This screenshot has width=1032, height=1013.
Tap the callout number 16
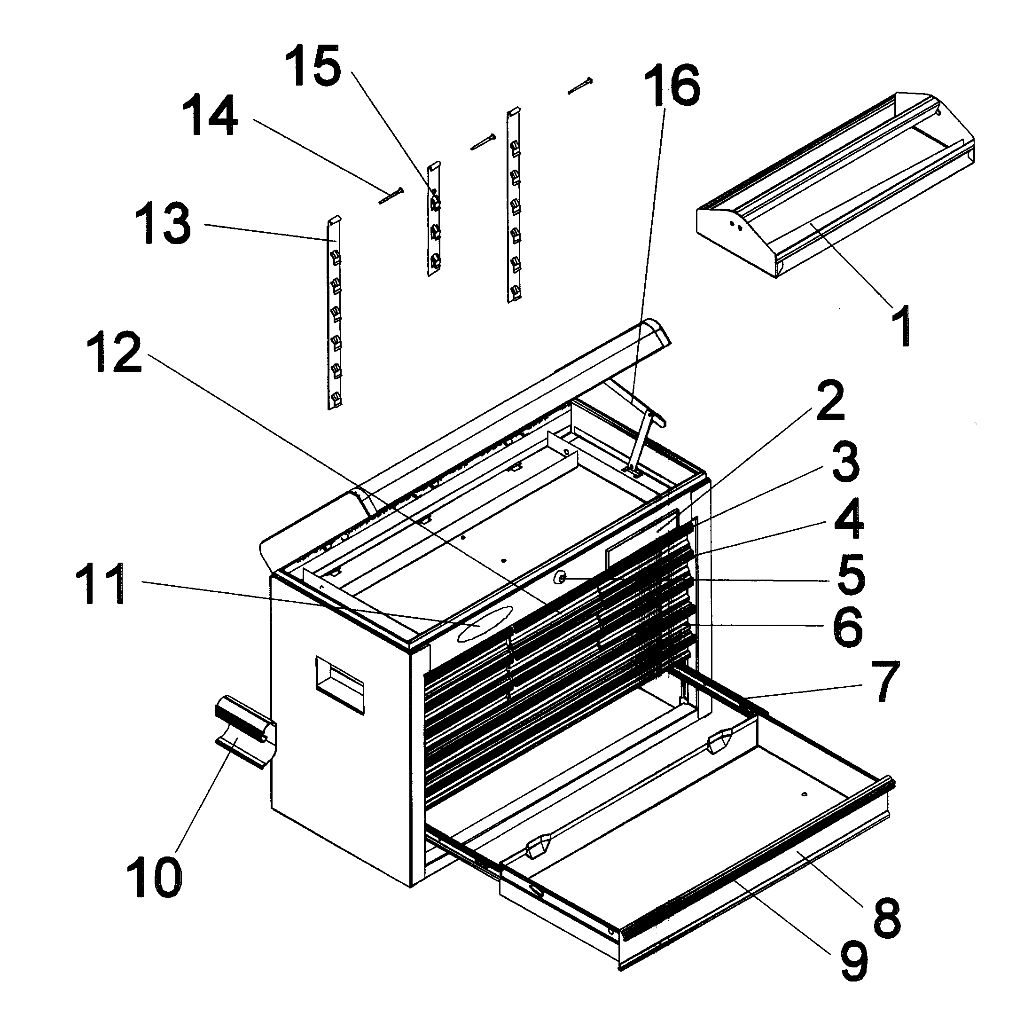tap(672, 85)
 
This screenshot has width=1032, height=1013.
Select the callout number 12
tap(114, 352)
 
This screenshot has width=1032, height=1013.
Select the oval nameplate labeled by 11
tap(485, 622)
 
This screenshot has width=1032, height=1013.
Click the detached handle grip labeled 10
tap(246, 736)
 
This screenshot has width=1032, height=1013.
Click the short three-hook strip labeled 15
tap(435, 218)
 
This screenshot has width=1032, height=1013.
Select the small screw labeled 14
tap(391, 195)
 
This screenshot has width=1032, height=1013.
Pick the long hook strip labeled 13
tap(334, 314)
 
